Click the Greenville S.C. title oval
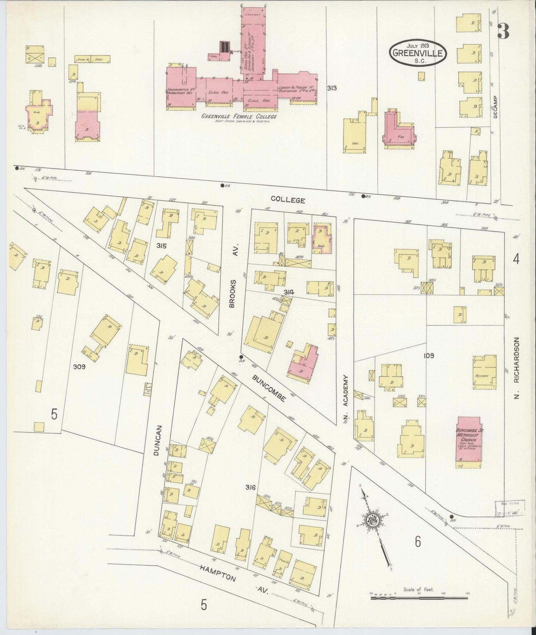coord(418,53)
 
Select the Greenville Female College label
coord(239,117)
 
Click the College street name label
coord(287,200)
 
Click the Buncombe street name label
coord(269,388)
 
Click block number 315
coord(161,246)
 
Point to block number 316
coord(250,487)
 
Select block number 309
coord(79,367)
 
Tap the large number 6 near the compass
coord(418,542)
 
